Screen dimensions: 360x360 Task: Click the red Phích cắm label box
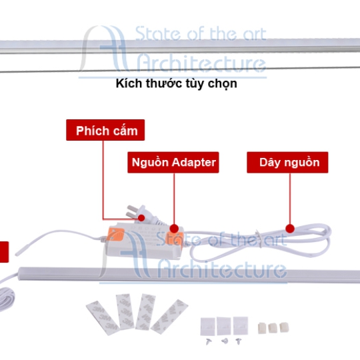[105, 130]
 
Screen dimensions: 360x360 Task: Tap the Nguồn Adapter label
[173, 162]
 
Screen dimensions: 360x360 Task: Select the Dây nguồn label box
[287, 162]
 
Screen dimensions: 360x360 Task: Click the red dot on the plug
[141, 217]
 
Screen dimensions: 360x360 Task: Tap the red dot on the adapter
[174, 229]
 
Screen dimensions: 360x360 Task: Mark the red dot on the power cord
[290, 229]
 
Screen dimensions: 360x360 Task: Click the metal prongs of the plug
[132, 211]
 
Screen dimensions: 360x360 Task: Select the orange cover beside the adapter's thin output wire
[115, 234]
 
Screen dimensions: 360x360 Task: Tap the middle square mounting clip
[224, 326]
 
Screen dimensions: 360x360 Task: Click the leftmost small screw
[209, 341]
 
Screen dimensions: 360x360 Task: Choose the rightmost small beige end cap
[284, 327]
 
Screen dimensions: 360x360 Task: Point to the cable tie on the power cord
[259, 239]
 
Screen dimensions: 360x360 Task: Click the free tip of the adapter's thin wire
[17, 255]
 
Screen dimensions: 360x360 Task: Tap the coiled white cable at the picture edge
[6, 299]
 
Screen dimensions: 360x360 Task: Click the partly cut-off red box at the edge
[4, 252]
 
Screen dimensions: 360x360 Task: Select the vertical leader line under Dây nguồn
[290, 199]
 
